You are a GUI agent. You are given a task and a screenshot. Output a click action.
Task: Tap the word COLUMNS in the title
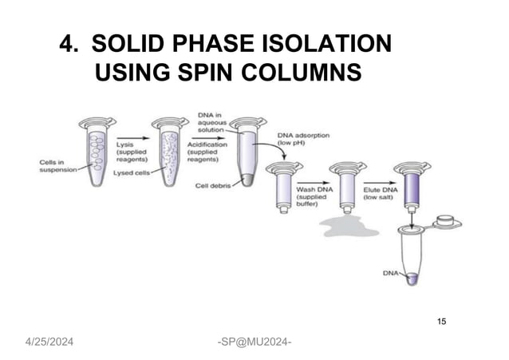coord(302,72)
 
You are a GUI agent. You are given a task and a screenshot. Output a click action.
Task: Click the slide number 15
coord(441,322)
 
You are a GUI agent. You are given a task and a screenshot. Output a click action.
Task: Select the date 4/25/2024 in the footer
coord(49,342)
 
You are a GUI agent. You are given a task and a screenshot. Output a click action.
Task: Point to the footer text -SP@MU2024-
coord(254,342)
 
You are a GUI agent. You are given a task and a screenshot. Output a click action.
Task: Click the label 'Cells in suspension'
coord(58,166)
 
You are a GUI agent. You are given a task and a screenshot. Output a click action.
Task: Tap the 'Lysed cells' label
coord(132,173)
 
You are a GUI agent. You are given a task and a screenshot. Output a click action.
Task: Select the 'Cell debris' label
coord(213,186)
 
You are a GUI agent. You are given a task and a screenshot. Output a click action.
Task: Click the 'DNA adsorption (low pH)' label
coord(303,139)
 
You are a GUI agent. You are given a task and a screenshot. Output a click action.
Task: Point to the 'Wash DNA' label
coord(314,189)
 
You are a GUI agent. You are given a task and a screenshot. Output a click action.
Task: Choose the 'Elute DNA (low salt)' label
coord(380,194)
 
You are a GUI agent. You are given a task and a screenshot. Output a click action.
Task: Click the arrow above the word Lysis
coord(133,138)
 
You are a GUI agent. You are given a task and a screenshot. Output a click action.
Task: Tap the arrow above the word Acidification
coord(207,138)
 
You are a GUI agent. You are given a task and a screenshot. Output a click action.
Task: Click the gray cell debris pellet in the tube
coord(247,180)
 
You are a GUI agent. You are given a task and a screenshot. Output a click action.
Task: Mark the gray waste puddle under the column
coord(349,226)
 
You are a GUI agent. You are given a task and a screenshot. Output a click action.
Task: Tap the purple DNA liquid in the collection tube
coord(412,279)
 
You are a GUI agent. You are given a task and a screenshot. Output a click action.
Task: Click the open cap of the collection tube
coord(447,222)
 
